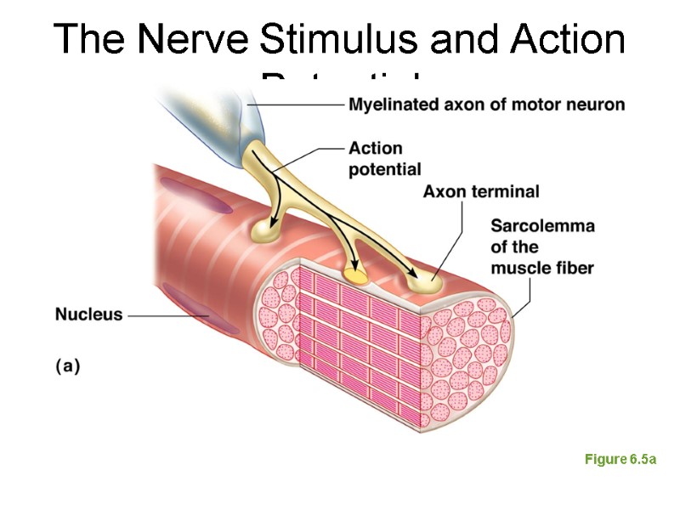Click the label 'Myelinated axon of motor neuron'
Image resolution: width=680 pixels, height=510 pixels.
tap(486, 105)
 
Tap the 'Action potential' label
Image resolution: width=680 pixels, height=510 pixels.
tap(384, 158)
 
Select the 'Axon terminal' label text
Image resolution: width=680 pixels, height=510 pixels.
tap(481, 191)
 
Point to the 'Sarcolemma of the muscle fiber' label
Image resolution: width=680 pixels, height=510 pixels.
tap(542, 246)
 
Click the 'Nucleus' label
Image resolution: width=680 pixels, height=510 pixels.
tap(88, 314)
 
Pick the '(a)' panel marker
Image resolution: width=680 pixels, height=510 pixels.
tap(67, 366)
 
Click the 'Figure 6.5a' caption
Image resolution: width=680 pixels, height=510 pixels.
tap(620, 459)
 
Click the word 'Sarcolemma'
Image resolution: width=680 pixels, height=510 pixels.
tap(542, 226)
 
